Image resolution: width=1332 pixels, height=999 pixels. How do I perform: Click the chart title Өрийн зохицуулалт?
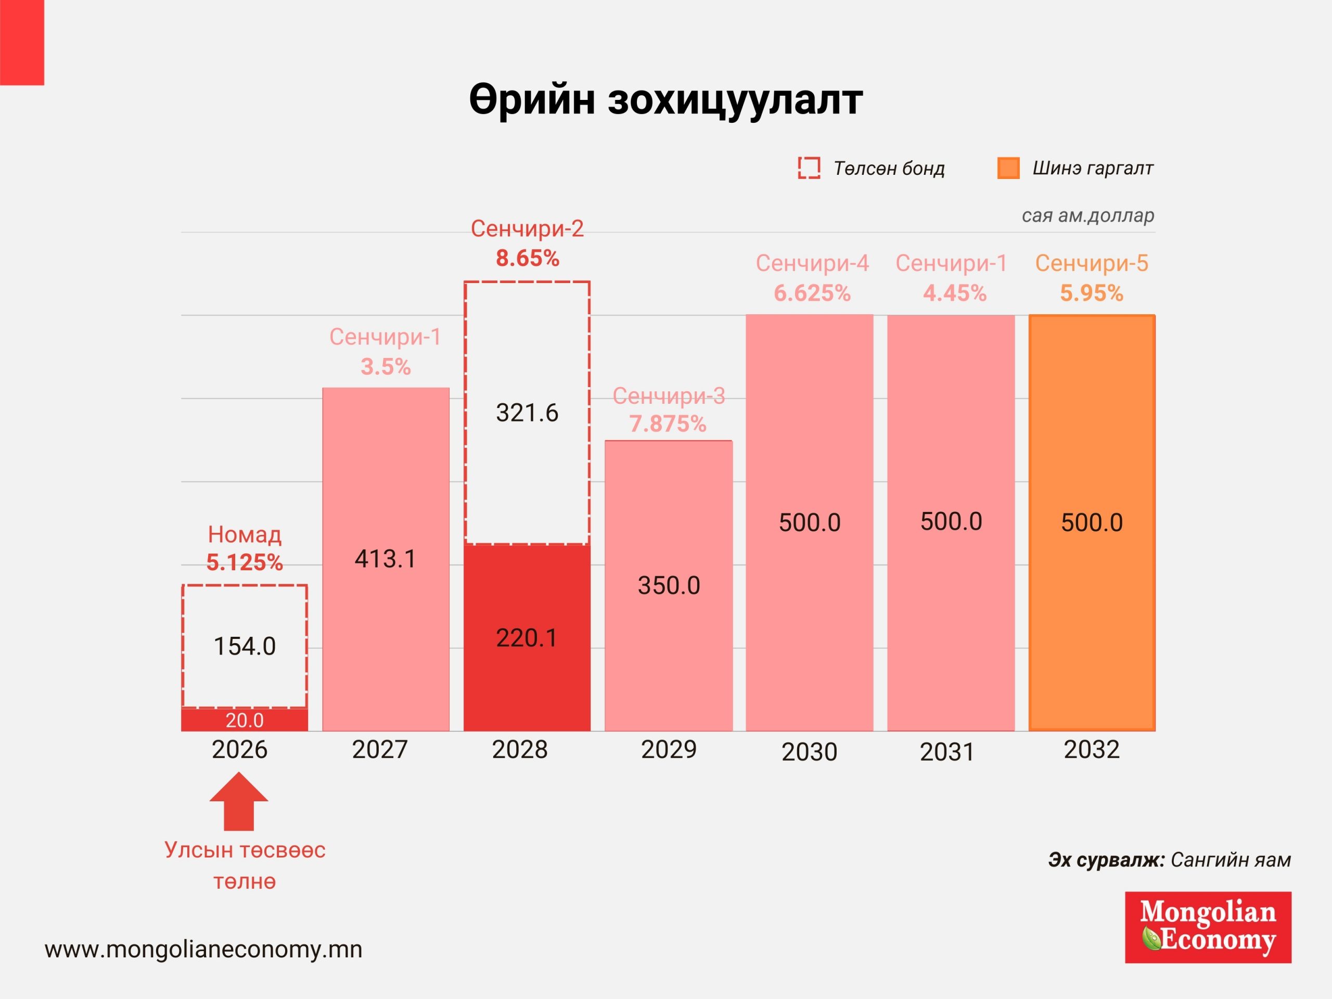click(x=665, y=100)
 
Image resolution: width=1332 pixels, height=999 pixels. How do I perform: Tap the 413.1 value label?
click(x=385, y=559)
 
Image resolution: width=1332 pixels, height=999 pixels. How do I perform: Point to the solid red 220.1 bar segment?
click(x=527, y=638)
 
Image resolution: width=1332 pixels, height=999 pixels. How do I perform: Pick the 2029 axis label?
click(x=669, y=750)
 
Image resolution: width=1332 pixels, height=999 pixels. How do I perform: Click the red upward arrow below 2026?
click(x=239, y=802)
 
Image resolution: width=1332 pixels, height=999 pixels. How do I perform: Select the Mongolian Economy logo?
click(x=1208, y=927)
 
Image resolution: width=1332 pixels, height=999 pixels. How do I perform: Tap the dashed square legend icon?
click(x=809, y=168)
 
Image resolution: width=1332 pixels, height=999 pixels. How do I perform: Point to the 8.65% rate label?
click(x=528, y=258)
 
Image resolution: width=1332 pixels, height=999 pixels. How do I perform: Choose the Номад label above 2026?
click(x=245, y=535)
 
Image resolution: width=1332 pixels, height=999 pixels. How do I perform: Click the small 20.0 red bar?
click(x=245, y=720)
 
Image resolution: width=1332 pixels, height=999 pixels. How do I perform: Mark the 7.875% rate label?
click(x=668, y=424)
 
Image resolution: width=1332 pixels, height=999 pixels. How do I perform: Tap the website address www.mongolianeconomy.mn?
click(x=203, y=950)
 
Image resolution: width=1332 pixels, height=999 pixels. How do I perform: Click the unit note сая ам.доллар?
click(x=1087, y=215)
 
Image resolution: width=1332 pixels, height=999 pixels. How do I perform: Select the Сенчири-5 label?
click(x=1092, y=263)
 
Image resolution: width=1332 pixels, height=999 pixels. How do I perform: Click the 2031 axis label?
click(x=946, y=752)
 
